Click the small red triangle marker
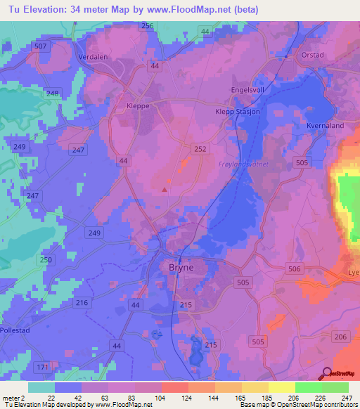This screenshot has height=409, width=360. [x=165, y=188]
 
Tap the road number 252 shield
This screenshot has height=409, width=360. [x=200, y=148]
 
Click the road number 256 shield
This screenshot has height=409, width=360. [x=147, y=26]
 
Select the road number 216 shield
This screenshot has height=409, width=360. [x=82, y=302]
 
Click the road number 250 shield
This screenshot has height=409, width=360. [x=46, y=260]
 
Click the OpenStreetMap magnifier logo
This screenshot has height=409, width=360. [x=326, y=373]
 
